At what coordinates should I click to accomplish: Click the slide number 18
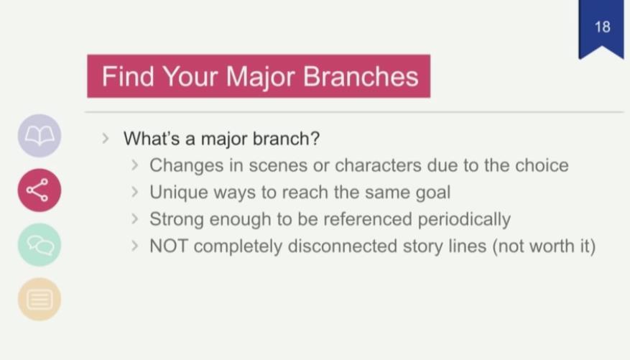click(x=602, y=27)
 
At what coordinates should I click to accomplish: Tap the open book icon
click(x=40, y=135)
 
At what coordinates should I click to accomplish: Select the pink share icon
click(x=40, y=190)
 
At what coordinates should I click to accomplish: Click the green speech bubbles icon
click(x=40, y=245)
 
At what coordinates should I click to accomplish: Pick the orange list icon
click(x=40, y=300)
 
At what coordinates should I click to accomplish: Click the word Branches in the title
click(x=361, y=76)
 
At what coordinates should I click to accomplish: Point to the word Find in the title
click(x=128, y=76)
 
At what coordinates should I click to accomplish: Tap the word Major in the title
click(x=260, y=77)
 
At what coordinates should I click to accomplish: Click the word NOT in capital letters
click(x=168, y=246)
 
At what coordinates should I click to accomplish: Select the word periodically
click(x=464, y=219)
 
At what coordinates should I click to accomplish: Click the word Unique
click(x=178, y=193)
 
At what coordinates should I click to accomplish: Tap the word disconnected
click(x=343, y=246)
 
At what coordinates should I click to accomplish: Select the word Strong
click(x=177, y=220)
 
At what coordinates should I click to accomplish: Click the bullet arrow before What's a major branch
click(x=106, y=139)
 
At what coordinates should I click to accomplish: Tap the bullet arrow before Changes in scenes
click(x=135, y=165)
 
